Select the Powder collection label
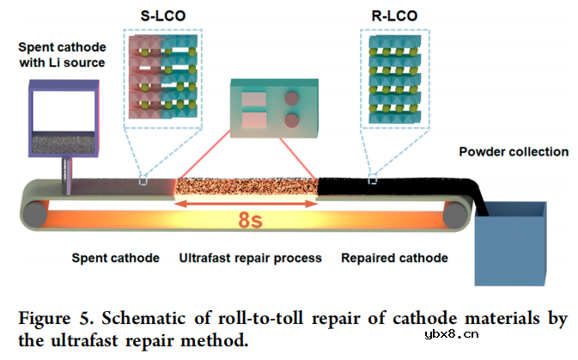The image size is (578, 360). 514,152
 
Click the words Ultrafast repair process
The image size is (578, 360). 250,257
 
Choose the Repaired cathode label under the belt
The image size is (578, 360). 394,257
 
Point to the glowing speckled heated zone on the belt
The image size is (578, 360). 246,186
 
